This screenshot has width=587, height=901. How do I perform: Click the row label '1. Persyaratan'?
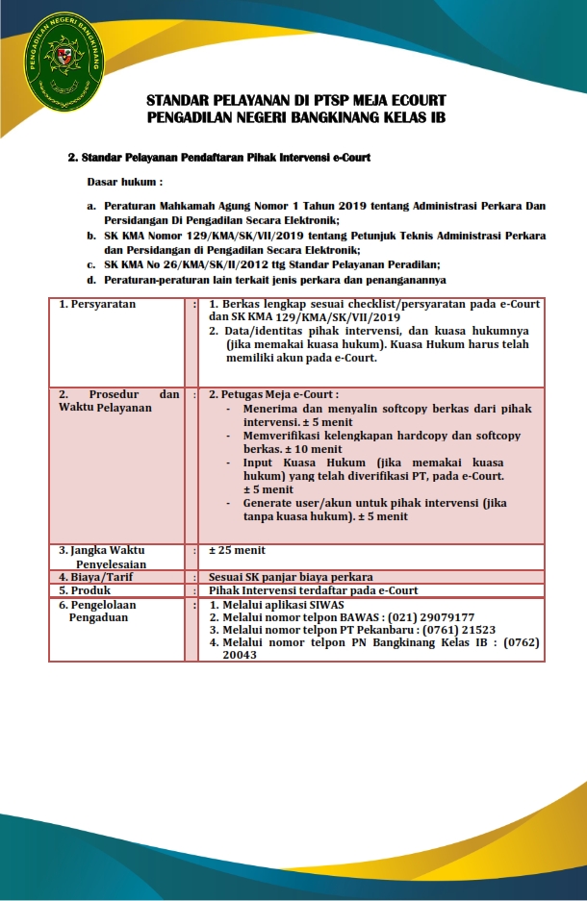(97, 304)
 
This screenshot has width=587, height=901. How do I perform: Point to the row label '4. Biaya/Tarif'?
(97, 577)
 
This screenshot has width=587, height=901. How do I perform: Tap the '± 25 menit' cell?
(237, 551)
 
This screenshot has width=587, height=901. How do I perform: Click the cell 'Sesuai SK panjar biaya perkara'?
(291, 577)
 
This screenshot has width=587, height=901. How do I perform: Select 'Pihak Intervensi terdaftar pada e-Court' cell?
(313, 590)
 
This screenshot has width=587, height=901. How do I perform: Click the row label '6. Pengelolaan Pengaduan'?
(97, 611)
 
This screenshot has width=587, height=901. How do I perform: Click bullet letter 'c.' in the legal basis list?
(90, 264)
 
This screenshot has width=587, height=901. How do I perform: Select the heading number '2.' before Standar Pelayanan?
(72, 156)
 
